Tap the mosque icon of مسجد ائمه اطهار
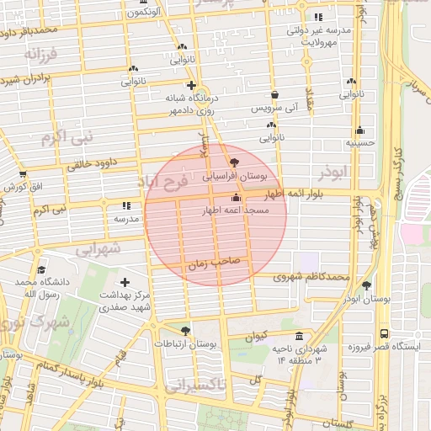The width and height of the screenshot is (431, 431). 235,199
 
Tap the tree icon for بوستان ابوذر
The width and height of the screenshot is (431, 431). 365,285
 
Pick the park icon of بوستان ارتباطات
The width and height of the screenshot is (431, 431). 185,330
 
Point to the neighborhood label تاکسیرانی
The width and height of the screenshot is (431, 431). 196,388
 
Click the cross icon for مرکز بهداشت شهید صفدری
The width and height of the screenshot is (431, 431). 125,282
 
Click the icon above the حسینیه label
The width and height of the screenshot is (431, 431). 360,130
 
